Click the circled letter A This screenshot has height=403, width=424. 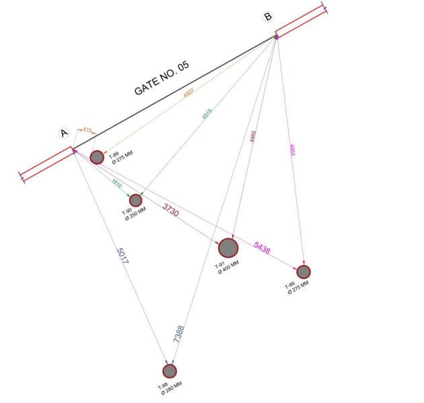[x=65, y=133]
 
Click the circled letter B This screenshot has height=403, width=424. [x=269, y=17]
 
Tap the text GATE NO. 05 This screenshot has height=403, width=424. [x=162, y=78]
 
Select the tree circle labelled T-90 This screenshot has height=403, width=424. [x=136, y=200]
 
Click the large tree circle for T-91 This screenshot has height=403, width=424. [x=228, y=247]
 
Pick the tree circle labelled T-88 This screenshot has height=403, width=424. [x=170, y=371]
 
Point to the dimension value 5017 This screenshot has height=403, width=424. [x=122, y=256]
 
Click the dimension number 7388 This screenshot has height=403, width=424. [x=179, y=335]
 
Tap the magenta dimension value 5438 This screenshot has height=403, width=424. [x=262, y=249]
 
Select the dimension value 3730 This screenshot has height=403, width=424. [x=171, y=210]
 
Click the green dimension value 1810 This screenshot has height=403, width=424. [x=116, y=183]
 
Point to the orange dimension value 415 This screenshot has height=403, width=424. [x=87, y=129]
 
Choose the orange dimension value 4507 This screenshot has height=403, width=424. [x=189, y=94]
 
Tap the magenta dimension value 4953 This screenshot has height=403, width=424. [x=291, y=150]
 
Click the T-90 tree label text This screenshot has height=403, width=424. [x=125, y=212]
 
